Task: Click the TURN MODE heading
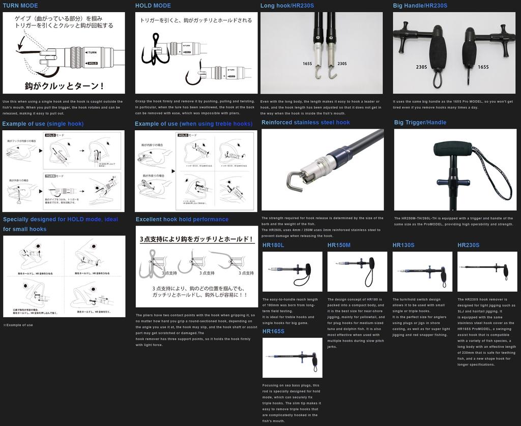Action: click(20, 6)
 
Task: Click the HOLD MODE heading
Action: click(153, 6)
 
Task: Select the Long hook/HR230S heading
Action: click(287, 6)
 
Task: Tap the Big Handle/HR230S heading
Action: click(420, 6)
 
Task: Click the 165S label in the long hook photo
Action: click(307, 64)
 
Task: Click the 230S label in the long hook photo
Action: click(342, 64)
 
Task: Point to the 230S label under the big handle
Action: click(421, 67)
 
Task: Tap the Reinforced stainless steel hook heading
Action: click(306, 122)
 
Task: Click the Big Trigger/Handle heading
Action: click(420, 122)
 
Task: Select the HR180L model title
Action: click(273, 245)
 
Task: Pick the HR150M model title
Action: click(339, 245)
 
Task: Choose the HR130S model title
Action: click(403, 245)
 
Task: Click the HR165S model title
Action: click(273, 331)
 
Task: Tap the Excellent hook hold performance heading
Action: click(182, 219)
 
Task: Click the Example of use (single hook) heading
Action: click(43, 124)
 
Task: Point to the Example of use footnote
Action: click(18, 325)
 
